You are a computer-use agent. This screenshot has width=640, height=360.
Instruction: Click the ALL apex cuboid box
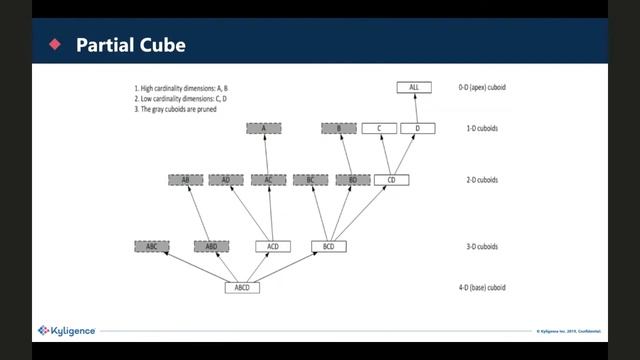[x=413, y=88]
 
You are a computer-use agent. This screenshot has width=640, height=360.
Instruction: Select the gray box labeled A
[x=263, y=128]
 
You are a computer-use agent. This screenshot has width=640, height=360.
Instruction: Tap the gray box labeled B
[x=338, y=128]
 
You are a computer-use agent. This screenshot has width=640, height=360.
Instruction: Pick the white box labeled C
[x=379, y=128]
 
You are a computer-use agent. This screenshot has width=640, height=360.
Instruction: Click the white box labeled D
[x=417, y=128]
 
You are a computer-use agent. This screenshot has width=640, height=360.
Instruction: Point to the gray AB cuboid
[x=186, y=180]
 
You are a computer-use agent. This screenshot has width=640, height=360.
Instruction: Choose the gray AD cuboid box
[x=226, y=180]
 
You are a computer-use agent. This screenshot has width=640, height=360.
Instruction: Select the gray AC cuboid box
[x=268, y=180]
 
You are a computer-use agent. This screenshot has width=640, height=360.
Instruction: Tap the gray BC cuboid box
[x=310, y=180]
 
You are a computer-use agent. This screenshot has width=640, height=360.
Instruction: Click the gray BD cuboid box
[x=352, y=180]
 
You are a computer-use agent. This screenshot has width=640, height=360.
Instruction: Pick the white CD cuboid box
[x=391, y=180]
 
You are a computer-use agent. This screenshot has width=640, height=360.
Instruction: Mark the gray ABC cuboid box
[x=151, y=246]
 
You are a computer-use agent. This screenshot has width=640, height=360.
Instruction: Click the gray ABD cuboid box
[x=211, y=246]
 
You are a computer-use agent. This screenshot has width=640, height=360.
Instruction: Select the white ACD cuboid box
[x=272, y=246]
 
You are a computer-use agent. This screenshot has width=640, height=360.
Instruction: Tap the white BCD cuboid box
[x=328, y=246]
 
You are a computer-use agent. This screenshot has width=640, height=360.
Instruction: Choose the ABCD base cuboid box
[x=241, y=288]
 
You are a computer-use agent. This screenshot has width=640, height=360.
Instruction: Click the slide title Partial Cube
[x=130, y=45]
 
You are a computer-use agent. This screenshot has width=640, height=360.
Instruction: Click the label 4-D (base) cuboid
[x=482, y=288]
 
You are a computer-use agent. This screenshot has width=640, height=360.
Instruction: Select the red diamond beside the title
[x=55, y=45]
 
